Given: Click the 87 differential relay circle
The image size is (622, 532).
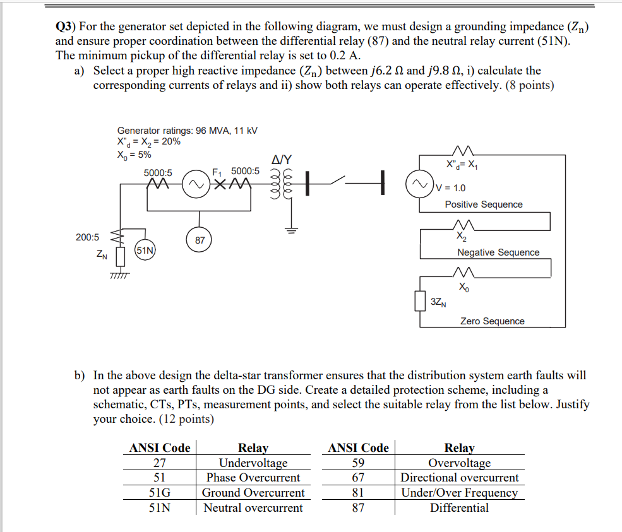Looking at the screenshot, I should [200, 240].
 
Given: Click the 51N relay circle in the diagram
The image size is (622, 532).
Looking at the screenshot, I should [145, 251].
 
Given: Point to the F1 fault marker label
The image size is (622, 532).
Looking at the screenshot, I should [217, 171].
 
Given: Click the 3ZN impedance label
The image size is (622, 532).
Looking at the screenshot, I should [438, 302].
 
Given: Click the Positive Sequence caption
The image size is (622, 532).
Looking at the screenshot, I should [484, 204].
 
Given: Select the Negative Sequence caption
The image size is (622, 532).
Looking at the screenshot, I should [498, 252].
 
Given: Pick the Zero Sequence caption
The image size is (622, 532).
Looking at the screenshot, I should [492, 321].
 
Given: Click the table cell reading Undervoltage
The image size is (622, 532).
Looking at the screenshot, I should [253, 463].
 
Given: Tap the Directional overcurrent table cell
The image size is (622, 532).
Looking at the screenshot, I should [459, 478].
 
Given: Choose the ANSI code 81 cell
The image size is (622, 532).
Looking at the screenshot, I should [358, 493].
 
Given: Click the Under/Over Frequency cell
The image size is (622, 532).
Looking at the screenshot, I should [459, 493].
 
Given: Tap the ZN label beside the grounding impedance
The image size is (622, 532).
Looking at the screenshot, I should [101, 256].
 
